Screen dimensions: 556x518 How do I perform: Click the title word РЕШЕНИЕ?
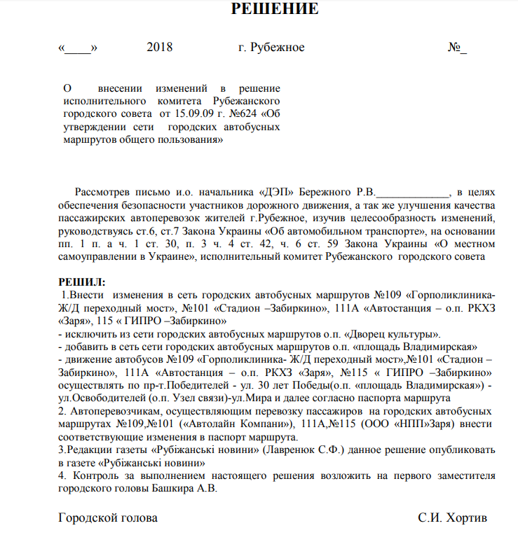275,10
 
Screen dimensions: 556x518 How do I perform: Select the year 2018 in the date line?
160,48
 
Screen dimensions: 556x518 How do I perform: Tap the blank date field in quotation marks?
79,48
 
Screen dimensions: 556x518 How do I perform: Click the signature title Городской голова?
109,519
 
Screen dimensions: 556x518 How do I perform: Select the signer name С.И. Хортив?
452,519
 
